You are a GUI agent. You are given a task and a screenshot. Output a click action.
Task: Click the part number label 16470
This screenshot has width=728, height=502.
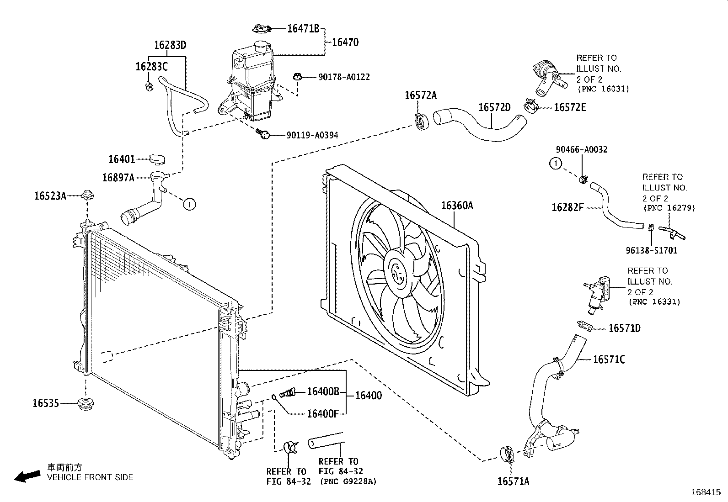(x=345, y=42)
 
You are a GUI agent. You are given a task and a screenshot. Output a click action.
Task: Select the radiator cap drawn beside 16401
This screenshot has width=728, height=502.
(x=157, y=159)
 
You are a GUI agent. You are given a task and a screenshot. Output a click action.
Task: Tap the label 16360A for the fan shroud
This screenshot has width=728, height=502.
(x=457, y=206)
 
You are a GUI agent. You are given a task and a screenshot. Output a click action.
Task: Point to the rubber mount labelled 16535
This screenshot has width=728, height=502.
(x=87, y=404)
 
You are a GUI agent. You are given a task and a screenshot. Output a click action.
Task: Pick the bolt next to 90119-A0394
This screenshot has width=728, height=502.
(x=263, y=133)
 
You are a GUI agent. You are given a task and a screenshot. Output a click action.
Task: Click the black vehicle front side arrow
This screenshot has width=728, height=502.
(x=27, y=476)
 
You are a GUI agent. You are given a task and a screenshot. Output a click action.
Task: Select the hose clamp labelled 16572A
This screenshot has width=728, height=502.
(x=422, y=122)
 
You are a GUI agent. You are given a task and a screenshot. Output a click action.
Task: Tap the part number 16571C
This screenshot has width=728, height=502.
(x=609, y=359)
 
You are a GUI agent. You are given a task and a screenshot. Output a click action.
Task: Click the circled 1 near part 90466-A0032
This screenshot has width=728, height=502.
(x=556, y=164)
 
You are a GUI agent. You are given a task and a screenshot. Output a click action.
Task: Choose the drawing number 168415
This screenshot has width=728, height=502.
(x=706, y=492)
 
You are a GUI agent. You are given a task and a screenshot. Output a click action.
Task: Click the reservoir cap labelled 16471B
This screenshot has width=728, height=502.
(x=262, y=29)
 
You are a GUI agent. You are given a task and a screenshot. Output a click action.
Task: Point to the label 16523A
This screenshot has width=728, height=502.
(x=50, y=196)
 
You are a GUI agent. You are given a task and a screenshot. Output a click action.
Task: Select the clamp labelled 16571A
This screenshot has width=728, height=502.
(x=507, y=454)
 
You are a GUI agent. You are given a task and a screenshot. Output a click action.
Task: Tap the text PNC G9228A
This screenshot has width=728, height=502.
(x=348, y=481)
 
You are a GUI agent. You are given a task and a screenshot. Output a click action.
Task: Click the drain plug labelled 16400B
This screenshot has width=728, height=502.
(x=287, y=392)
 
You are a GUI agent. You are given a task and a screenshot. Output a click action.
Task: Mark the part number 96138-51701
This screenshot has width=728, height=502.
(x=651, y=250)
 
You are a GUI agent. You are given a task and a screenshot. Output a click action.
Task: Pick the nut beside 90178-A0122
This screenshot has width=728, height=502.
(x=297, y=77)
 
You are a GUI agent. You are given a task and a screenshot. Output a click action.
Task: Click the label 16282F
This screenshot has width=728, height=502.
(x=568, y=207)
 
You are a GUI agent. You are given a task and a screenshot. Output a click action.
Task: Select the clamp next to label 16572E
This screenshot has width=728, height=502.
(x=531, y=106)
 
